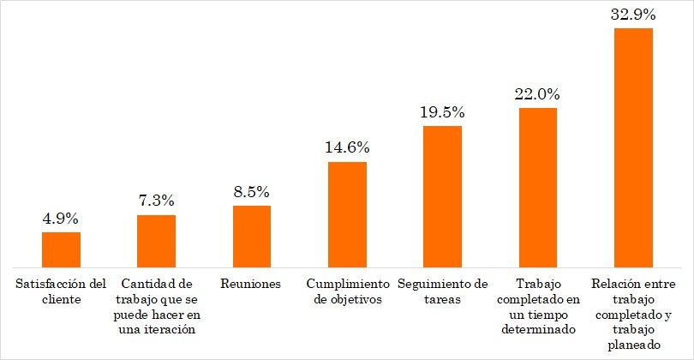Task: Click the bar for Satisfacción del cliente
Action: (61, 249)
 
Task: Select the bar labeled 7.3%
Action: (157, 241)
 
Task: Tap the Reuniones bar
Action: (252, 237)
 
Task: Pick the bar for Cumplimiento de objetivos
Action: (348, 214)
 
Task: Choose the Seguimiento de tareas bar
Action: (443, 196)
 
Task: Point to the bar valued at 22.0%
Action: (538, 187)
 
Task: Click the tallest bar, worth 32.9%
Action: (634, 147)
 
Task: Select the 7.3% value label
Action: (157, 201)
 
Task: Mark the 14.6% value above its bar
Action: (348, 147)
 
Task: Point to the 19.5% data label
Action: (443, 112)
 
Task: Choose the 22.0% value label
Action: (538, 93)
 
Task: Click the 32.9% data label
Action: (634, 15)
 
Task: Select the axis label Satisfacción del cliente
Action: (61, 291)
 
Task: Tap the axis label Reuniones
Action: (251, 284)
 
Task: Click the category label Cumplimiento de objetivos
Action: (347, 291)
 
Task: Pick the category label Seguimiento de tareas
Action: (443, 291)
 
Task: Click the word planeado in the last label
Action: (633, 345)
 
